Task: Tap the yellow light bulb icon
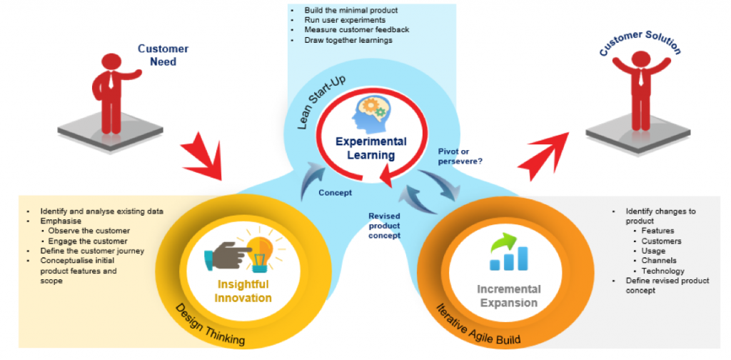pyautogui.click(x=261, y=249)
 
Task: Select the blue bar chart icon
pyautogui.click(x=508, y=253)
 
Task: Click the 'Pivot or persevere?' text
pyautogui.click(x=462, y=156)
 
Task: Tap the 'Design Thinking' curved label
pyautogui.click(x=208, y=326)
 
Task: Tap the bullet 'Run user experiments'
pyautogui.click(x=333, y=21)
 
